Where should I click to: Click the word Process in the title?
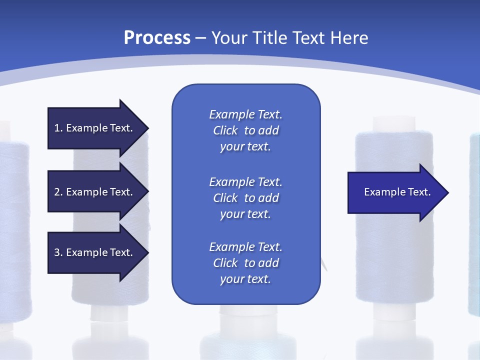(157, 38)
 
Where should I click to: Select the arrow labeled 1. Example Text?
(95, 128)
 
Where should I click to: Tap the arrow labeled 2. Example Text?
(95, 192)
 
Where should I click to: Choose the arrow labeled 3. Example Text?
(95, 252)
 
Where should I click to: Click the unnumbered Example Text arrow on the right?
(395, 192)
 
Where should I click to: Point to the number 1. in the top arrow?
(58, 128)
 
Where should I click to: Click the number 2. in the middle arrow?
(58, 192)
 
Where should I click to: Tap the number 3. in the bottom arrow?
(58, 252)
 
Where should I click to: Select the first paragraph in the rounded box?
(245, 130)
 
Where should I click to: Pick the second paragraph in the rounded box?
(245, 198)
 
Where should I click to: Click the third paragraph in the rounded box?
(245, 263)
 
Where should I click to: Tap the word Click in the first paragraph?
(225, 130)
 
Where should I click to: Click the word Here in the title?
(349, 38)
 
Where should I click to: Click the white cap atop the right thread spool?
(393, 123)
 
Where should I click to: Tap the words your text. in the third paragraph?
(245, 279)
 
